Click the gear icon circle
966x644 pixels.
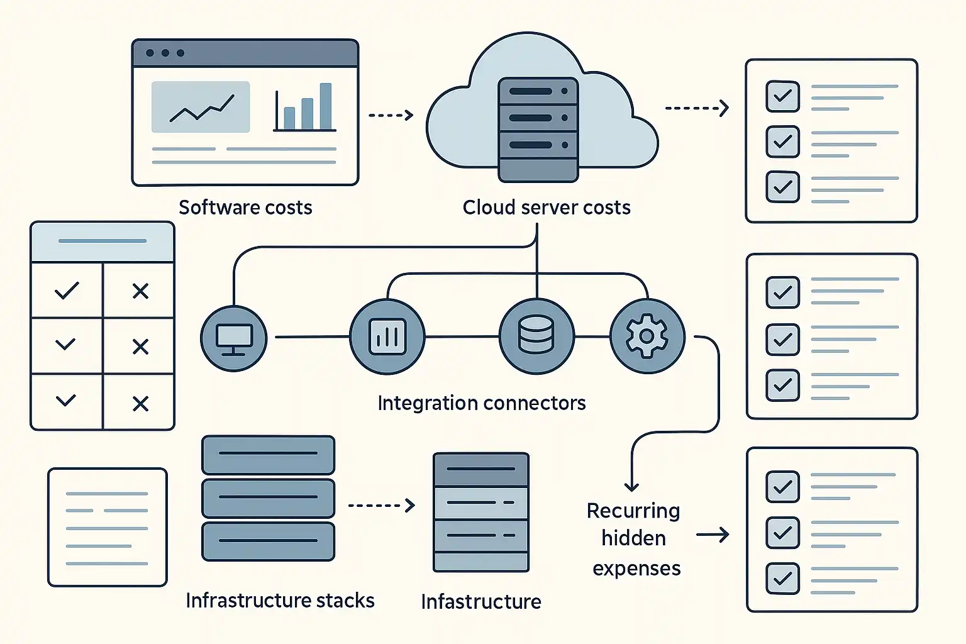[647, 336]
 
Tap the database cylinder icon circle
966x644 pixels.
[536, 336]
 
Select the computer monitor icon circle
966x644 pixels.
[234, 338]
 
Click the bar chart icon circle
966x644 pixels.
[387, 337]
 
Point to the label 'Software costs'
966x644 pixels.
[245, 208]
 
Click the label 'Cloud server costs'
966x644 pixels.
[547, 208]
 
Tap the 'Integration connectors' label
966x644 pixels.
[481, 403]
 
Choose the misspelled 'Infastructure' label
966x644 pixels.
[481, 602]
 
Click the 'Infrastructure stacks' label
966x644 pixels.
[280, 601]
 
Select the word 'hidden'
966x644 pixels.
[633, 538]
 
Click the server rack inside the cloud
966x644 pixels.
[538, 129]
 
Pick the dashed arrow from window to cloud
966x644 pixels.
[391, 115]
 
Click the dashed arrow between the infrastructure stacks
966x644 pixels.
[381, 505]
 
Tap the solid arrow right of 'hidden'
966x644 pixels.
[713, 535]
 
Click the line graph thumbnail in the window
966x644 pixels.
[201, 107]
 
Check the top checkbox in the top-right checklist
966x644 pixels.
[782, 96]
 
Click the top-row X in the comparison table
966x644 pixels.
[140, 291]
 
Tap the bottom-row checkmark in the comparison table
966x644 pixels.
[66, 400]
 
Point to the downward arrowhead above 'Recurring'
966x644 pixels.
[631, 486]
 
